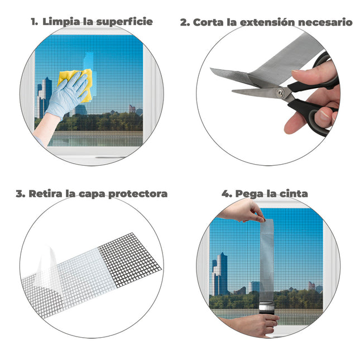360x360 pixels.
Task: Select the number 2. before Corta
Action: point(185,23)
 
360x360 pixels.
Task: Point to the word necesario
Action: point(324,23)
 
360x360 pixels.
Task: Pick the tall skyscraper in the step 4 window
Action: point(222,273)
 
